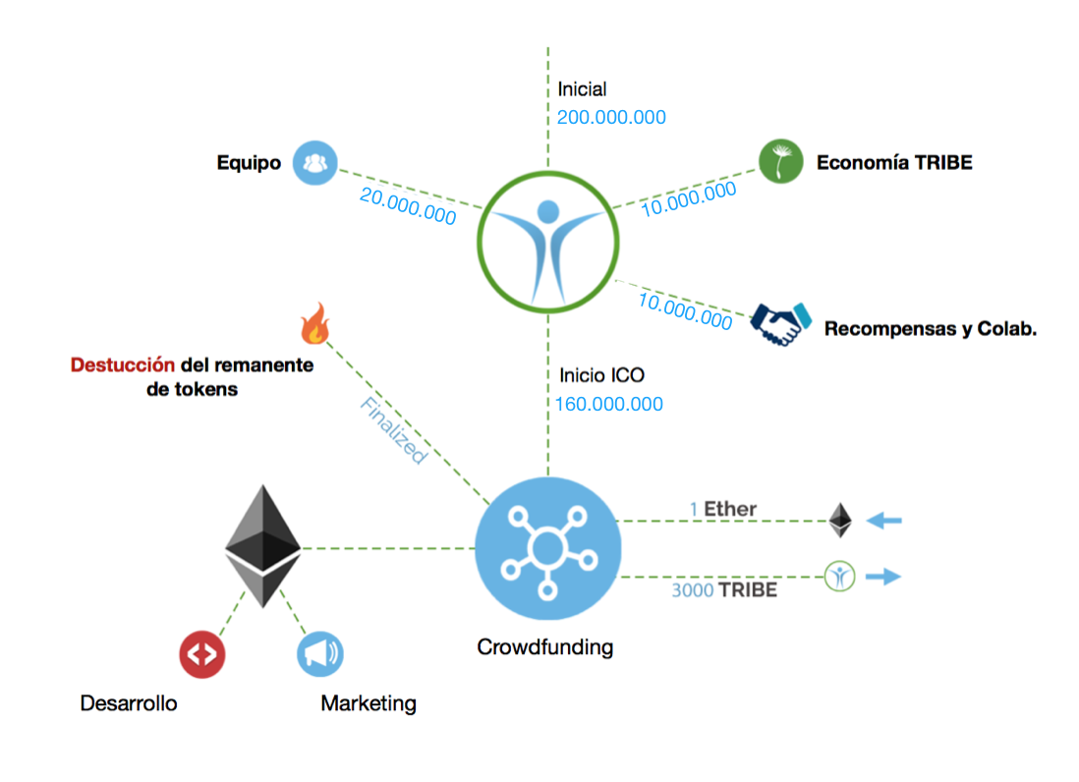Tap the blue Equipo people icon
click(315, 163)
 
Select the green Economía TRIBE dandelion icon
click(780, 161)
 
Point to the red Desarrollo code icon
click(202, 654)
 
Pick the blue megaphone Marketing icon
click(320, 654)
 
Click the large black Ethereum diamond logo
click(262, 546)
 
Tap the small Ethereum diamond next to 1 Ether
click(839, 521)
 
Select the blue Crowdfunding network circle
click(547, 550)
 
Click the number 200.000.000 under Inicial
click(611, 118)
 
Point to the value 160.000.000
click(609, 404)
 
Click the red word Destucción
click(123, 365)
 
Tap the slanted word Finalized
click(392, 430)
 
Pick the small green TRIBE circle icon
click(839, 577)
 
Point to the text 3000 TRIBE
click(724, 590)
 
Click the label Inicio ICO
click(601, 375)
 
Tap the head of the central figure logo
click(547, 211)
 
